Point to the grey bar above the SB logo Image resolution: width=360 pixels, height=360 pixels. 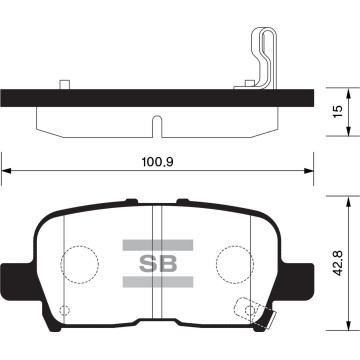click(x=155, y=243)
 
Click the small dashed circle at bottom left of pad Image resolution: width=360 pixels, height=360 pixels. click(x=66, y=309)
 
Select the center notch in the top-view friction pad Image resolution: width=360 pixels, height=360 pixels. click(x=155, y=126)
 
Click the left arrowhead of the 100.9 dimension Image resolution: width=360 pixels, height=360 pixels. click(x=6, y=172)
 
